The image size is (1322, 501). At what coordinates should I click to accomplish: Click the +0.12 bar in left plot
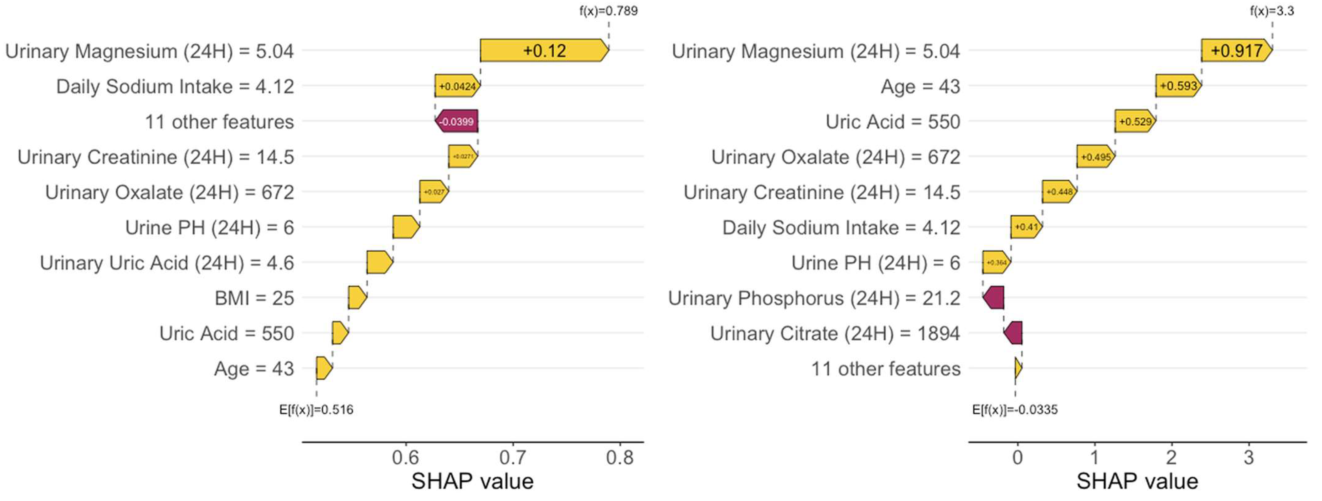tap(544, 50)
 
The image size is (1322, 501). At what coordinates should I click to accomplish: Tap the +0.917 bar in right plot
tap(1236, 50)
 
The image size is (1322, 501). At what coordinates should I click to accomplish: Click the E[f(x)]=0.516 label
tap(316, 410)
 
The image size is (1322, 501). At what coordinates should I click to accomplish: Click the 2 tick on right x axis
tap(1171, 457)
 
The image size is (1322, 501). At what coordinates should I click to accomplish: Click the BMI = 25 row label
tap(254, 298)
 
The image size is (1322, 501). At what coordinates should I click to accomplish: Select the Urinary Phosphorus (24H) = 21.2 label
tap(814, 298)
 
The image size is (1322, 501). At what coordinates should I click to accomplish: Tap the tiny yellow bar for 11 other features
tap(1018, 368)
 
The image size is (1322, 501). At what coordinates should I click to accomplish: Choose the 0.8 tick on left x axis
tap(620, 457)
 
